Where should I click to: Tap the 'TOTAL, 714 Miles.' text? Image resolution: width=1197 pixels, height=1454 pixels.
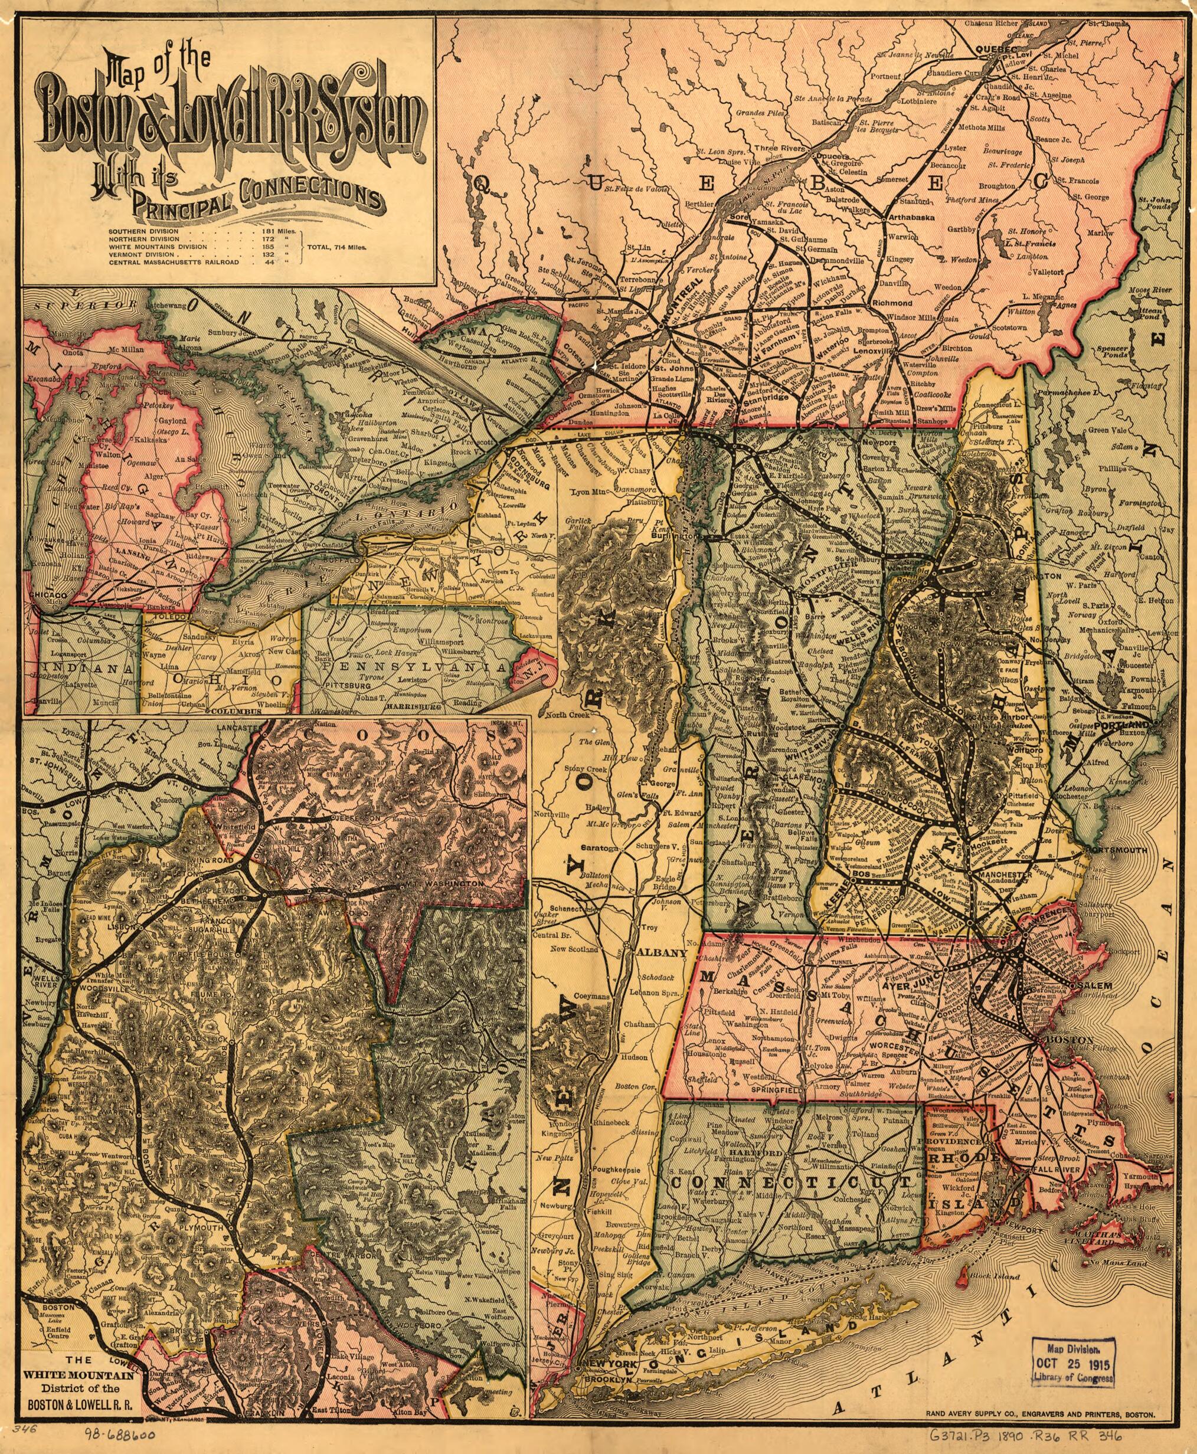tap(338, 245)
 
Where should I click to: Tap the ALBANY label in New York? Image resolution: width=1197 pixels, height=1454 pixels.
tap(662, 953)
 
